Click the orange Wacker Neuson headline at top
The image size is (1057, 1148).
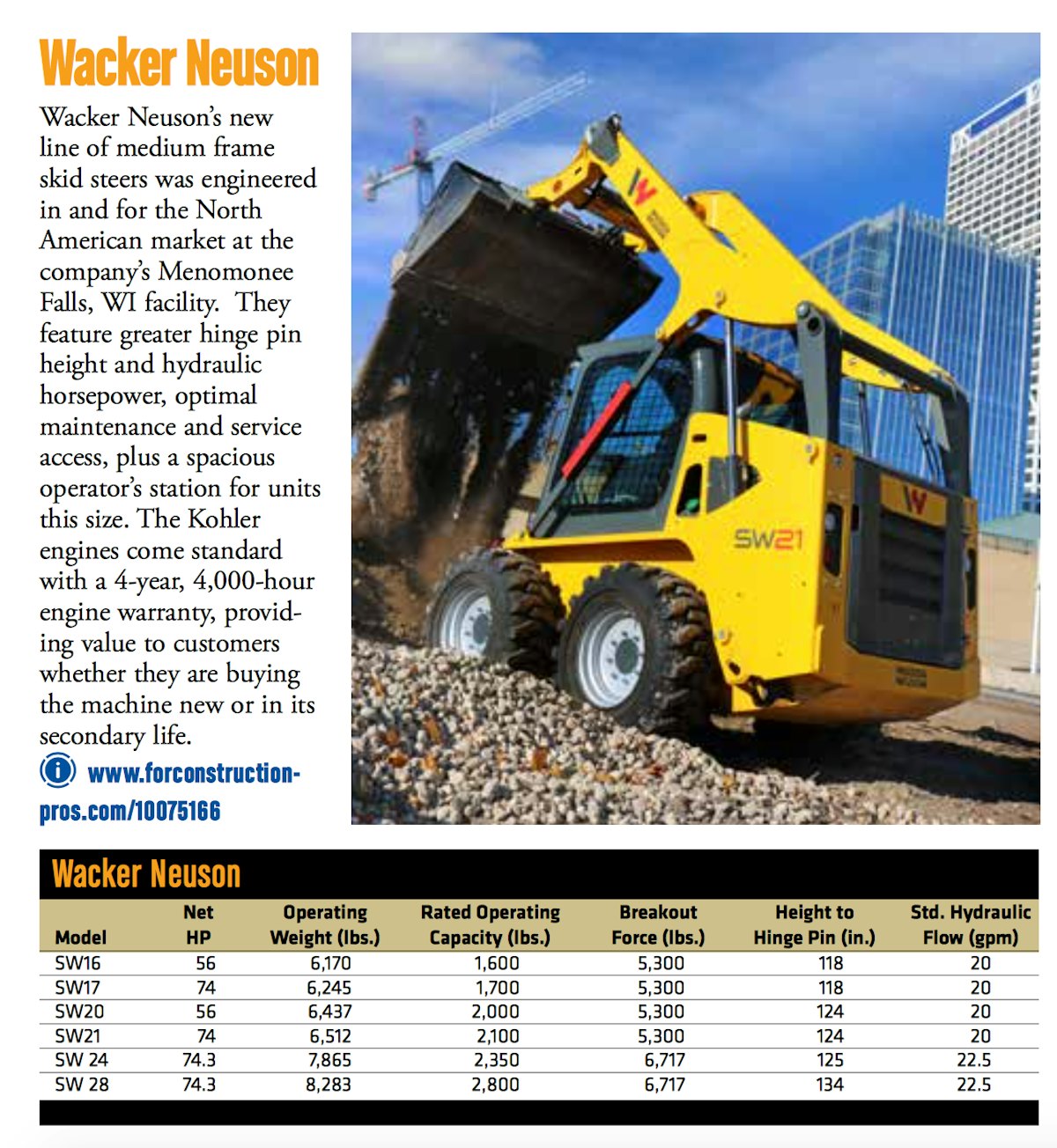tap(179, 63)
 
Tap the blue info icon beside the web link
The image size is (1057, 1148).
tap(58, 771)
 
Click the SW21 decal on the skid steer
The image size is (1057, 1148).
tap(768, 539)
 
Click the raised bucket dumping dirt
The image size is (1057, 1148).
tap(520, 255)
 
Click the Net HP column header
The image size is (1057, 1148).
tap(198, 924)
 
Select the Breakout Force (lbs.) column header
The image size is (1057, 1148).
tap(658, 924)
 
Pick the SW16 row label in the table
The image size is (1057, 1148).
tap(78, 963)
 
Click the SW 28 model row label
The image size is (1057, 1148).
tap(82, 1085)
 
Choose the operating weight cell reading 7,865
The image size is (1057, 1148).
tap(329, 1060)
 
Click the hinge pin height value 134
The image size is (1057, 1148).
tap(830, 1085)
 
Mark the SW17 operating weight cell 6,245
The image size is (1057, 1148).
tap(329, 988)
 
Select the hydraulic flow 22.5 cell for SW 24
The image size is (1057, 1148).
tap(974, 1060)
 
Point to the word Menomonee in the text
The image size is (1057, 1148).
tap(225, 271)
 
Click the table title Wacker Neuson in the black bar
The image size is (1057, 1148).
tap(146, 874)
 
